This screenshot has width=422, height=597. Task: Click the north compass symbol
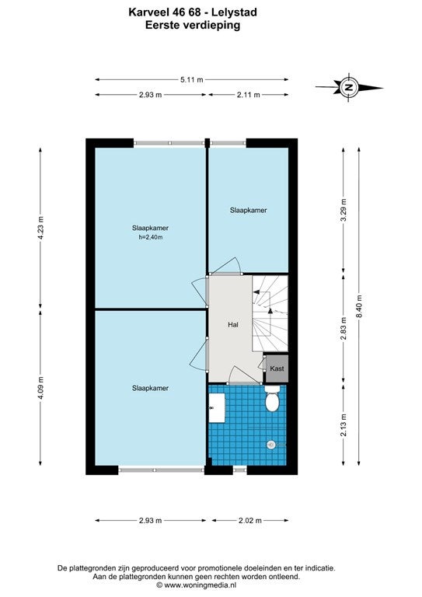click(x=349, y=87)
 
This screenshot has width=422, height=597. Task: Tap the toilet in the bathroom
click(x=272, y=399)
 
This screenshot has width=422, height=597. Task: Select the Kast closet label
click(x=277, y=368)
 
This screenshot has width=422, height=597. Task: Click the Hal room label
click(x=233, y=324)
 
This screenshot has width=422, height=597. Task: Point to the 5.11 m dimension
click(x=192, y=79)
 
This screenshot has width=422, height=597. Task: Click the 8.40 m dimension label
click(x=359, y=307)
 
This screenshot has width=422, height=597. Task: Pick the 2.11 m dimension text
click(x=248, y=95)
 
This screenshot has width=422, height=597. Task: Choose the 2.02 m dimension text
click(x=250, y=521)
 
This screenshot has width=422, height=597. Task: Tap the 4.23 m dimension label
click(x=40, y=228)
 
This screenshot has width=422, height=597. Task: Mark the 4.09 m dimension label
click(x=40, y=387)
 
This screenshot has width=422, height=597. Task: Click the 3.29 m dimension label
click(x=344, y=210)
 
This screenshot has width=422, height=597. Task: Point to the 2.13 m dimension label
click(x=344, y=424)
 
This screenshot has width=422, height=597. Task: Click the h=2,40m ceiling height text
click(x=150, y=237)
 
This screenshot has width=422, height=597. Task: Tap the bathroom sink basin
click(x=217, y=408)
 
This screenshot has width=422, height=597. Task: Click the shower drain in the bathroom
click(x=271, y=445)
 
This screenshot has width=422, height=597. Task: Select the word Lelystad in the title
click(x=234, y=12)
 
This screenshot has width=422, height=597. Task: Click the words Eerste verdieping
click(x=193, y=25)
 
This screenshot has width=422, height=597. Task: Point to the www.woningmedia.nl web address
click(x=201, y=585)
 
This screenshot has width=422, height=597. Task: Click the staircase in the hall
click(x=270, y=313)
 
